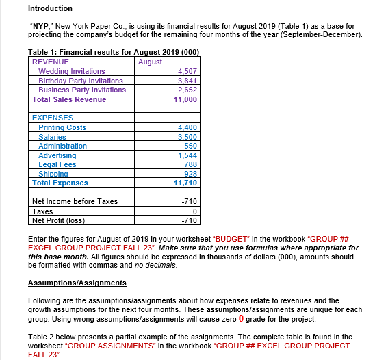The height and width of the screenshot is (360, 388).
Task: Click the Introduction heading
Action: (x=50, y=8)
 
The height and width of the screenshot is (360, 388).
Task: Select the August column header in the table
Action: (x=150, y=62)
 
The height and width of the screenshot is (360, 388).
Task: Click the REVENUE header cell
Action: (x=51, y=62)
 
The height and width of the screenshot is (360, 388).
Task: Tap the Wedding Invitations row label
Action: (x=71, y=71)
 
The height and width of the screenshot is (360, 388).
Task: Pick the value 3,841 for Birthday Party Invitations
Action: (x=187, y=81)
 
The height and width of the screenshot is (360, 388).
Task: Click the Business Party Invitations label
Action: (x=82, y=90)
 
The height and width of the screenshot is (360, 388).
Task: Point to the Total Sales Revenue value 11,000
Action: (x=185, y=99)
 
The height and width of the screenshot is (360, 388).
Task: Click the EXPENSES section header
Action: (x=53, y=118)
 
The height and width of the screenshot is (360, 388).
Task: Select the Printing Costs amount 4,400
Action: (x=187, y=127)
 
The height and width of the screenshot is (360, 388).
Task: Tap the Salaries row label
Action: (x=52, y=137)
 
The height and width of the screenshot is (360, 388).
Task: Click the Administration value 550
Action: (x=191, y=146)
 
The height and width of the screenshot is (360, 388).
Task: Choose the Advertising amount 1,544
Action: (x=187, y=155)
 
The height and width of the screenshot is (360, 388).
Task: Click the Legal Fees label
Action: (x=57, y=164)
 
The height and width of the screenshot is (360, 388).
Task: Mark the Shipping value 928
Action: (x=191, y=174)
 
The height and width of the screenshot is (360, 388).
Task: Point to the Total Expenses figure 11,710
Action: (x=185, y=183)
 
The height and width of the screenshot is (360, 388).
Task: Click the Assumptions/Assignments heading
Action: (x=77, y=283)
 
